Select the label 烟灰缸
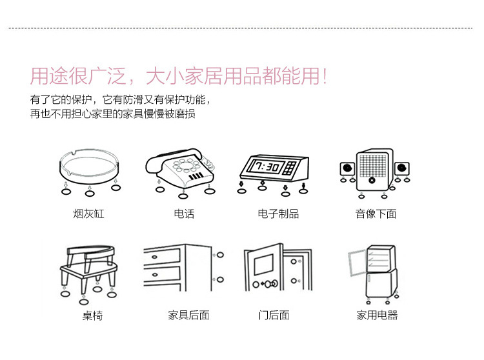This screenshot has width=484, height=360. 88,214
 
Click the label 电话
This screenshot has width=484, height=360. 183,214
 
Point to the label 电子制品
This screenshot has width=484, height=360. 278,214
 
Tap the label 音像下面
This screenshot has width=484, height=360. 376,214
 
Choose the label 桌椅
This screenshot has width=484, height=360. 92,315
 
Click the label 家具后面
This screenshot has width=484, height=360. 188,315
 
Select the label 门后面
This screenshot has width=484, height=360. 274,315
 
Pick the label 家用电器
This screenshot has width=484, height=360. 377,315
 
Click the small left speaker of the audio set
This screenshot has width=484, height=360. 347,169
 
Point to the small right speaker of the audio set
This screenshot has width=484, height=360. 401,169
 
